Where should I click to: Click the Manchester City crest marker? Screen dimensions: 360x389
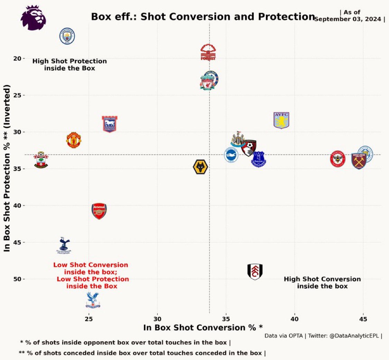[x=67, y=36]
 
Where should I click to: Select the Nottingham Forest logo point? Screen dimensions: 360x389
[x=208, y=52]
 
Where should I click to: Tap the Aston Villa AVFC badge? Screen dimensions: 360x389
[x=281, y=120]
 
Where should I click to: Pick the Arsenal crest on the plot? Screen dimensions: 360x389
[x=99, y=211]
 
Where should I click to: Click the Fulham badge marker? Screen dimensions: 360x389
[x=255, y=271]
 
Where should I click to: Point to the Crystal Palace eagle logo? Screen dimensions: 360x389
[x=92, y=300]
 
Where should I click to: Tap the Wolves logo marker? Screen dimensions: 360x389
[x=200, y=167]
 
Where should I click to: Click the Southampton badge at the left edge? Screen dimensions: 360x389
[x=41, y=160]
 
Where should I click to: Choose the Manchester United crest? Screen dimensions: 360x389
[x=73, y=140]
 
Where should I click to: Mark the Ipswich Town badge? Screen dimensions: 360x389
[x=110, y=124]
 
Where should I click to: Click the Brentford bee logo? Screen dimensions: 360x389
[x=337, y=159]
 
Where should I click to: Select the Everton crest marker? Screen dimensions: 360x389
[x=258, y=159]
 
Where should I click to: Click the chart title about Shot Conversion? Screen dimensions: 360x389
[x=203, y=17]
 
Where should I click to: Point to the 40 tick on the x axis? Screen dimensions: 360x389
[x=294, y=318]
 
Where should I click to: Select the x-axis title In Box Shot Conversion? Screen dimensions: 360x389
[x=203, y=327]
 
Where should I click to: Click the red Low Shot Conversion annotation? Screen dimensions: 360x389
[x=91, y=276]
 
